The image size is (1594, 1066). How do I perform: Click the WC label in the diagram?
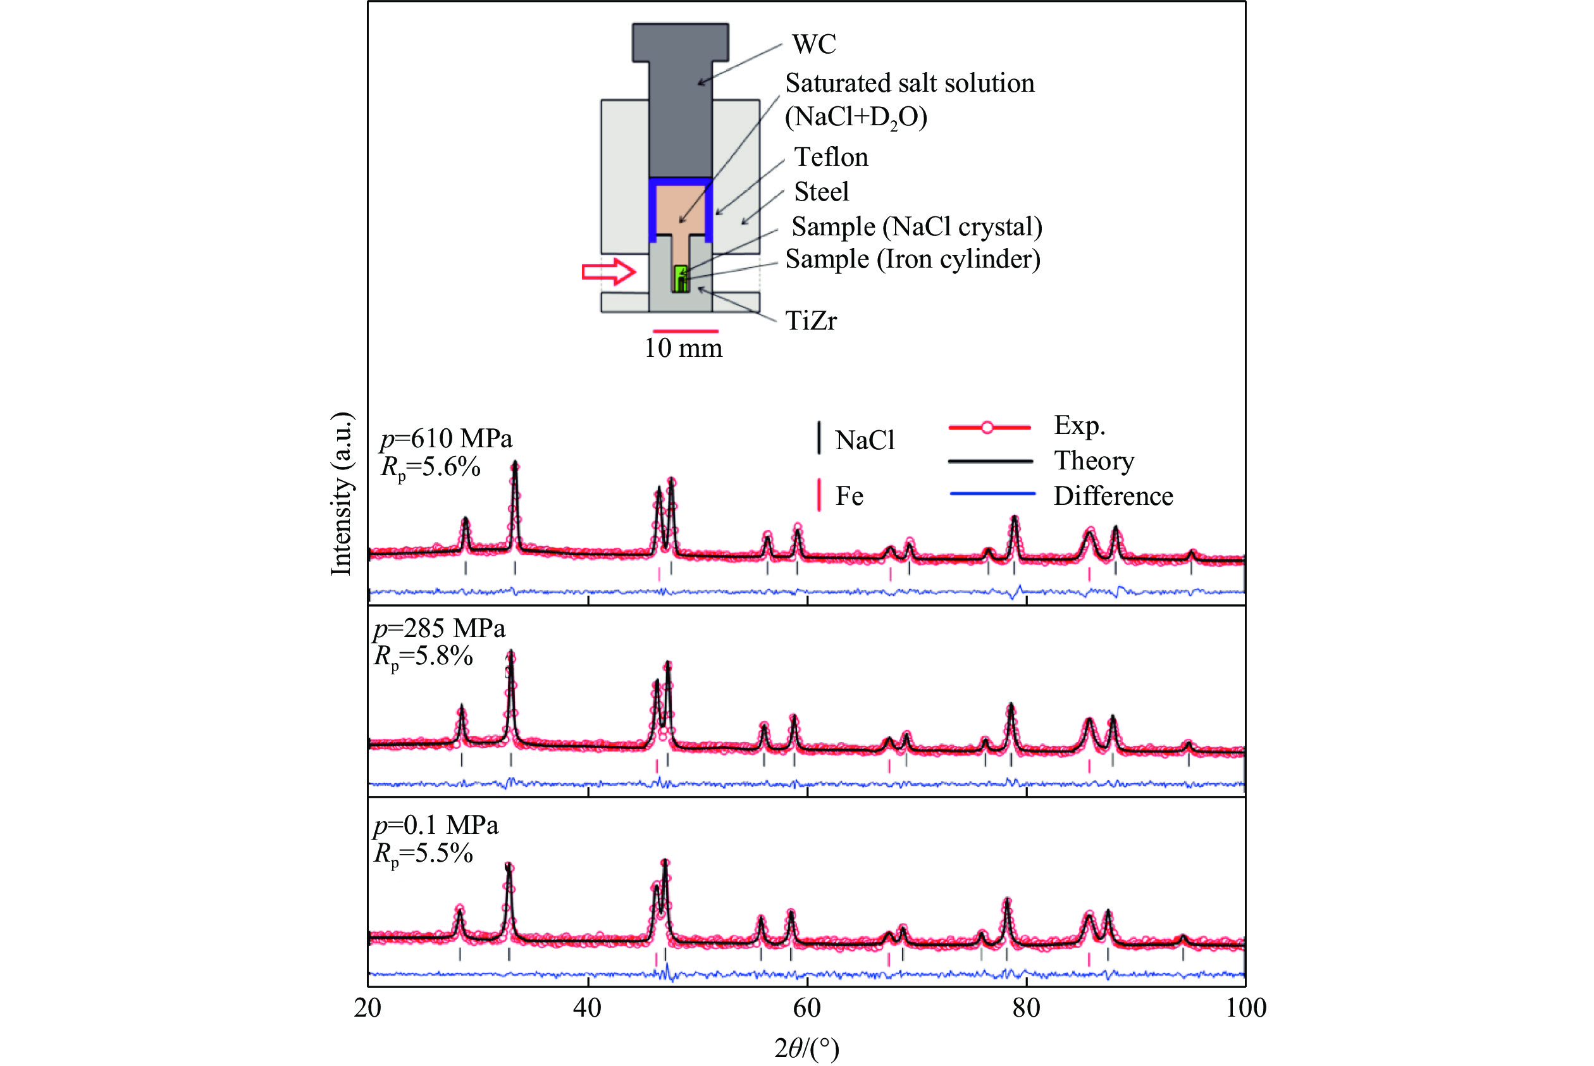click(813, 44)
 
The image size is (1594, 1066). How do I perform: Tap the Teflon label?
click(831, 157)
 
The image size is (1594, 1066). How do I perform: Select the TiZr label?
click(810, 320)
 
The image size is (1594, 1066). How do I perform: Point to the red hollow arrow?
click(609, 272)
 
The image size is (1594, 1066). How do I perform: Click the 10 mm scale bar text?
click(683, 348)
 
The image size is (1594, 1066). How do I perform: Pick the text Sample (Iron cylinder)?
click(912, 259)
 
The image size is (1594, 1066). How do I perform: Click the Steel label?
click(821, 192)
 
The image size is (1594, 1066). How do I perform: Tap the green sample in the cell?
click(681, 278)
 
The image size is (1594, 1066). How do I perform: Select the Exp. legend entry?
click(1078, 426)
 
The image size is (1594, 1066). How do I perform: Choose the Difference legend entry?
click(1113, 496)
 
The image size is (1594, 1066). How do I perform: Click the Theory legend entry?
click(1094, 461)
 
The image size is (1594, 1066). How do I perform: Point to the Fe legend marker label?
click(849, 496)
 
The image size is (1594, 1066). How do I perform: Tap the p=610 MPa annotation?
click(446, 438)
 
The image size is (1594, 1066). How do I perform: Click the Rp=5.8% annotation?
click(423, 657)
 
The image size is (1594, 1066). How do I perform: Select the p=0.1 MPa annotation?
click(436, 826)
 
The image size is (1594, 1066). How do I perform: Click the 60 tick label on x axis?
click(807, 1008)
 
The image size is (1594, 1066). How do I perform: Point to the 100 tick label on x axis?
click(1245, 1008)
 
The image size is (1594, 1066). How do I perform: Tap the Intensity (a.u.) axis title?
click(341, 493)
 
